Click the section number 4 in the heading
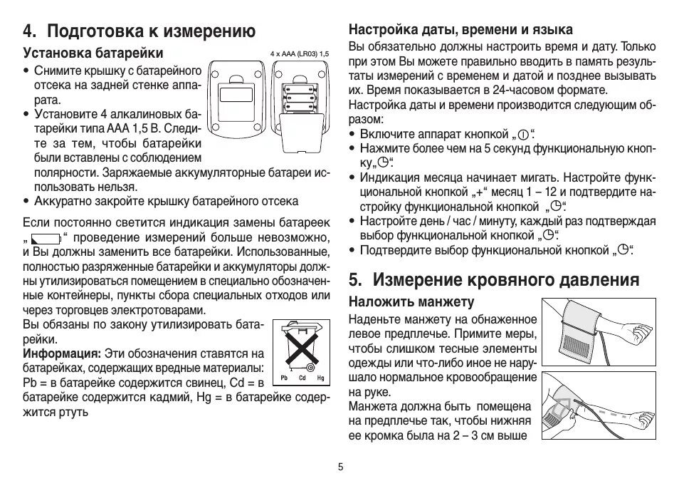pos(28,31)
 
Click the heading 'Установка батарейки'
pos(93,53)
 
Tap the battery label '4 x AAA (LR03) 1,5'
pos(300,54)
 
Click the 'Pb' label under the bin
pos(284,377)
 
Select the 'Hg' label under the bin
pos(320,377)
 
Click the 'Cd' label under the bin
pos(302,377)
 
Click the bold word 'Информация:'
pos(62,353)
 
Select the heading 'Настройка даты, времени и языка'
pos(460,30)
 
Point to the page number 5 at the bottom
pos(340,467)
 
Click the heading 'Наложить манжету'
pos(411,301)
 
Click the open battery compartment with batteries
pos(300,100)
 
